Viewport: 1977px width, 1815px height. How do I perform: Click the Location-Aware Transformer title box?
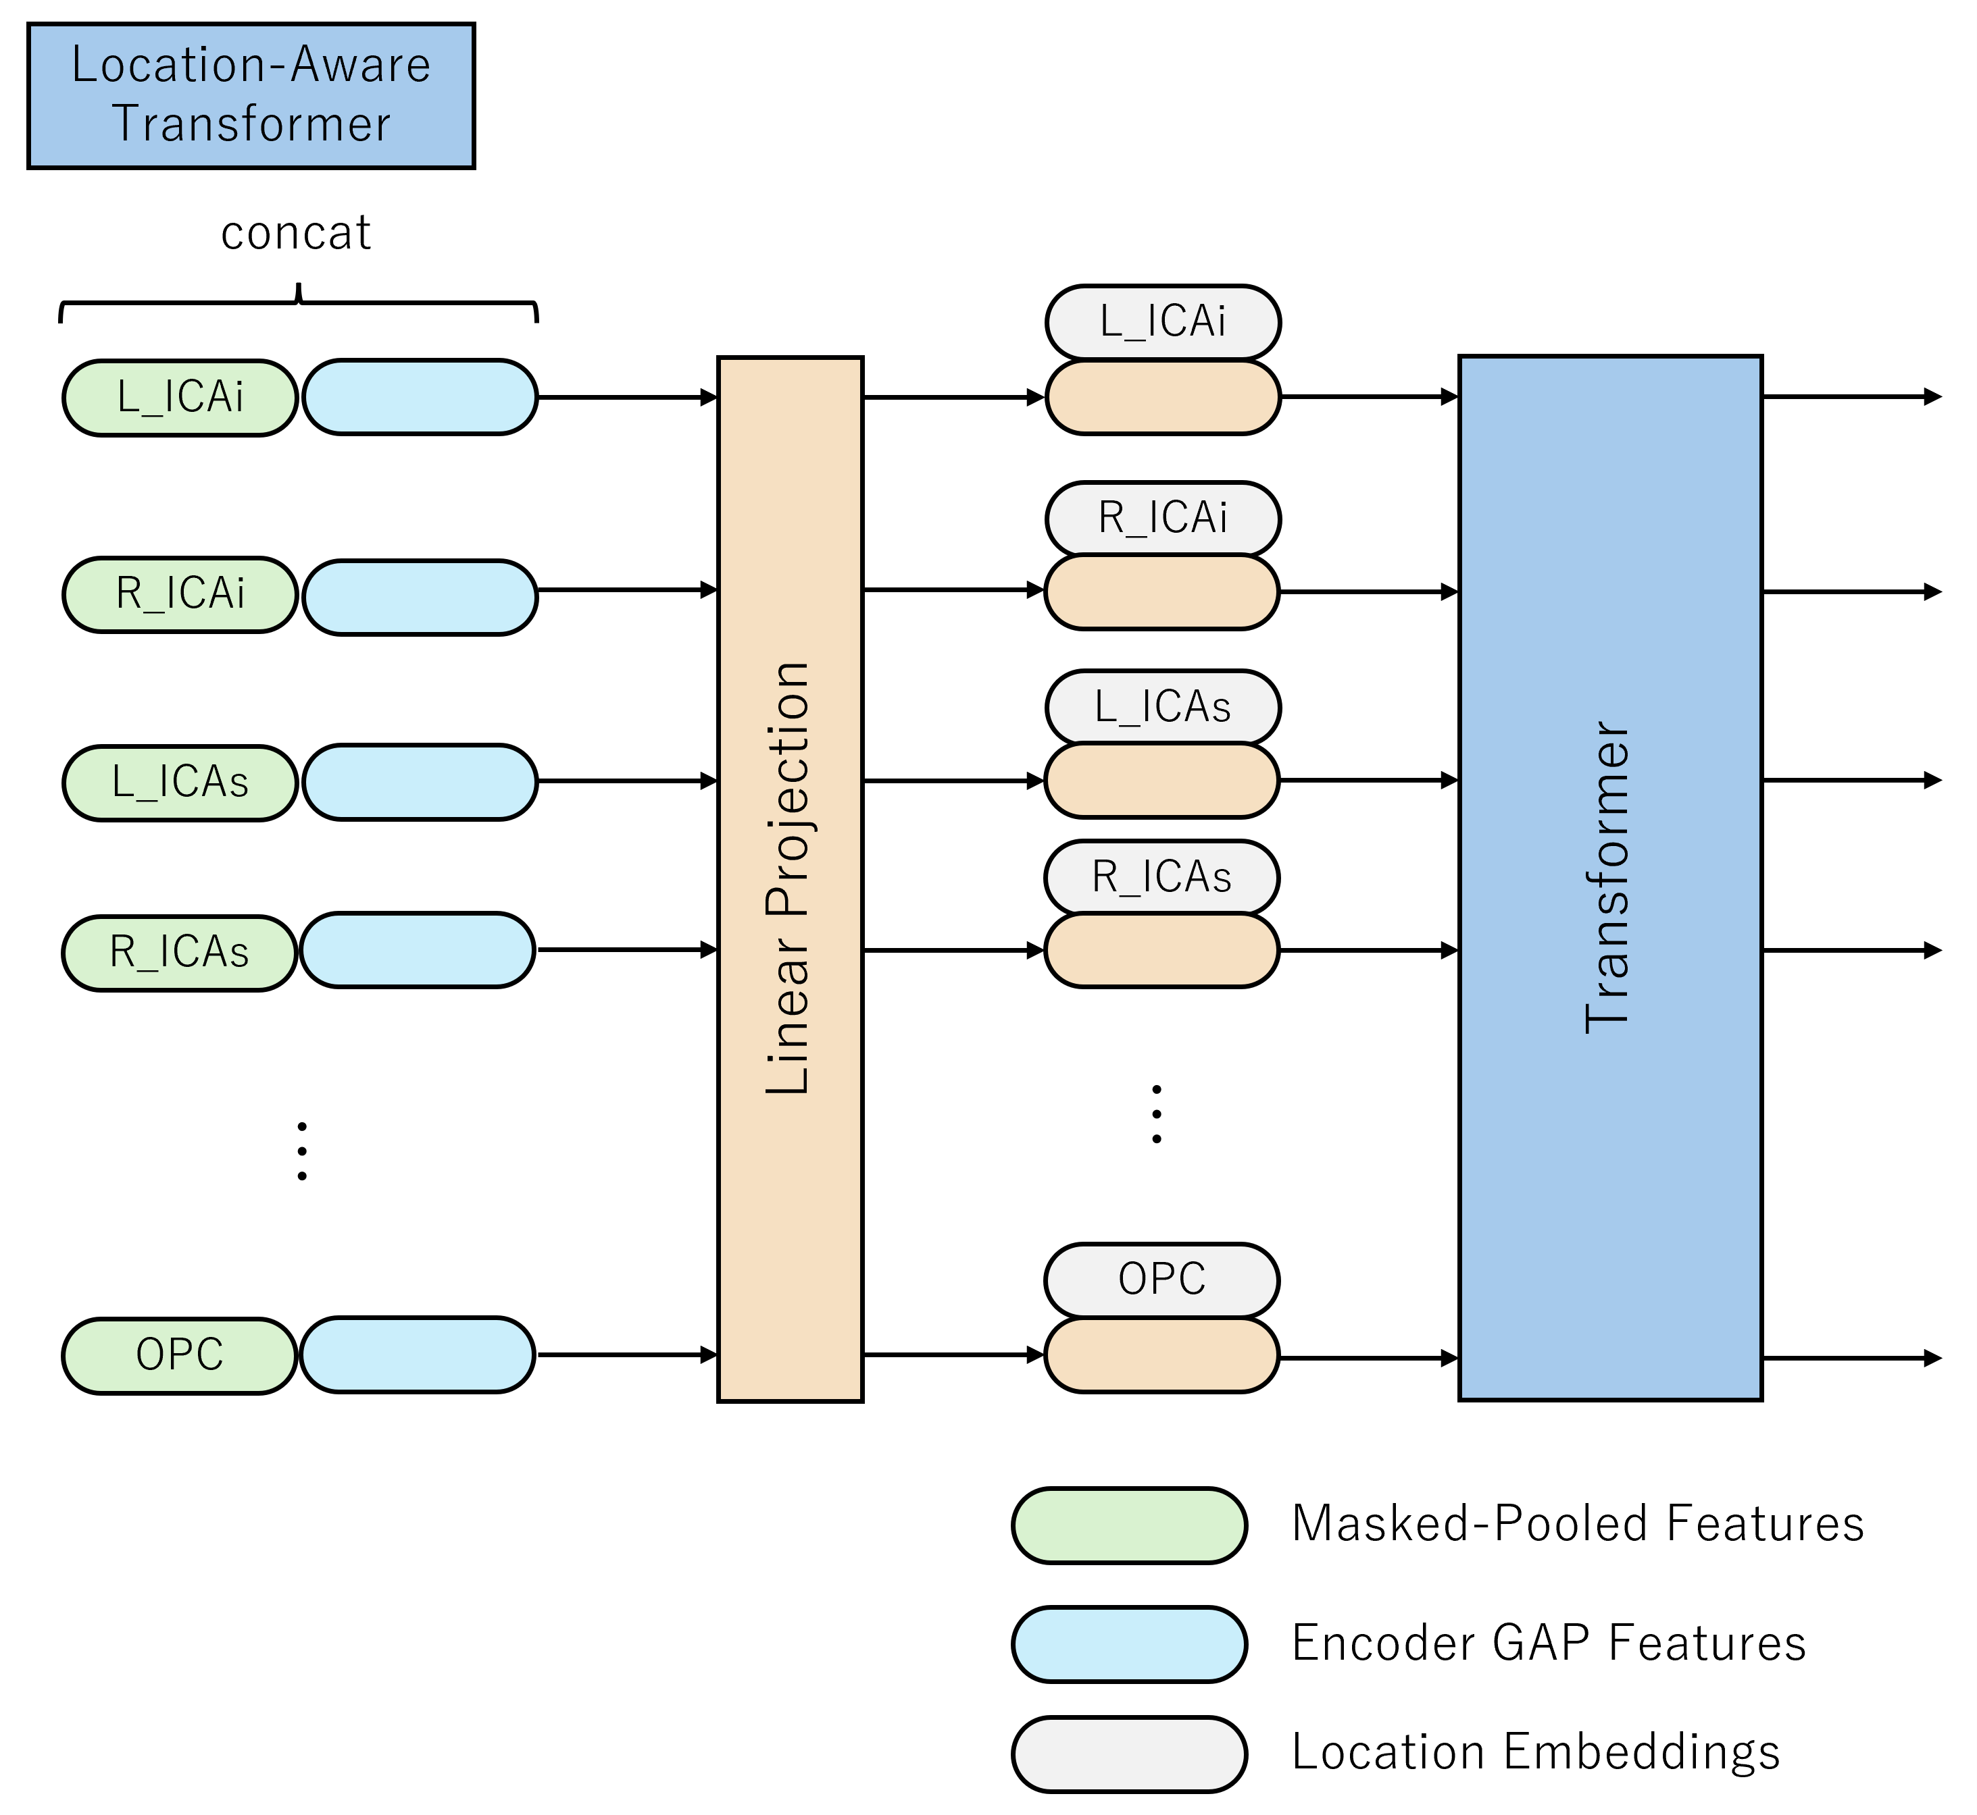pyautogui.click(x=251, y=95)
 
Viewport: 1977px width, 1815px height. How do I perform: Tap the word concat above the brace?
pyautogui.click(x=296, y=233)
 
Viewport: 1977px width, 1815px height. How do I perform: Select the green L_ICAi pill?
pyautogui.click(x=180, y=397)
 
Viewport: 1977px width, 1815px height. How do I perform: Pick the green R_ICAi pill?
pyautogui.click(x=180, y=594)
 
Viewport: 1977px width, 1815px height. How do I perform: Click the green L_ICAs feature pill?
pyautogui.click(x=180, y=783)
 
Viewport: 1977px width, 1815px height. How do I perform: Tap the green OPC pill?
pyautogui.click(x=180, y=1355)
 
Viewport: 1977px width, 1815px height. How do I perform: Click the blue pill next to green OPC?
pyautogui.click(x=418, y=1354)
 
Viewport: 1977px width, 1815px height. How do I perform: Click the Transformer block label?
pyautogui.click(x=1609, y=876)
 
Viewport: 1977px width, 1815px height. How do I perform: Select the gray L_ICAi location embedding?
pyautogui.click(x=1162, y=322)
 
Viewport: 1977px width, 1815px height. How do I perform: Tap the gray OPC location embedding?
pyautogui.click(x=1161, y=1280)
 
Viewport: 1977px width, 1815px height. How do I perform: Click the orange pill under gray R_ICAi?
pyautogui.click(x=1161, y=592)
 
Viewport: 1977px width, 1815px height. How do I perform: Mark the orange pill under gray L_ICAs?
pyautogui.click(x=1161, y=781)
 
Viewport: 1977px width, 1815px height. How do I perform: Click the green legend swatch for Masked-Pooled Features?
pyautogui.click(x=1129, y=1525)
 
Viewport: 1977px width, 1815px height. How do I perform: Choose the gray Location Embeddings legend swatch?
pyautogui.click(x=1129, y=1754)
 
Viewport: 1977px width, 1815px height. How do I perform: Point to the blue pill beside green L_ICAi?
pyautogui.click(x=420, y=397)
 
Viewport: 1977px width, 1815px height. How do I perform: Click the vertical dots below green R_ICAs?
pyautogui.click(x=301, y=1150)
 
